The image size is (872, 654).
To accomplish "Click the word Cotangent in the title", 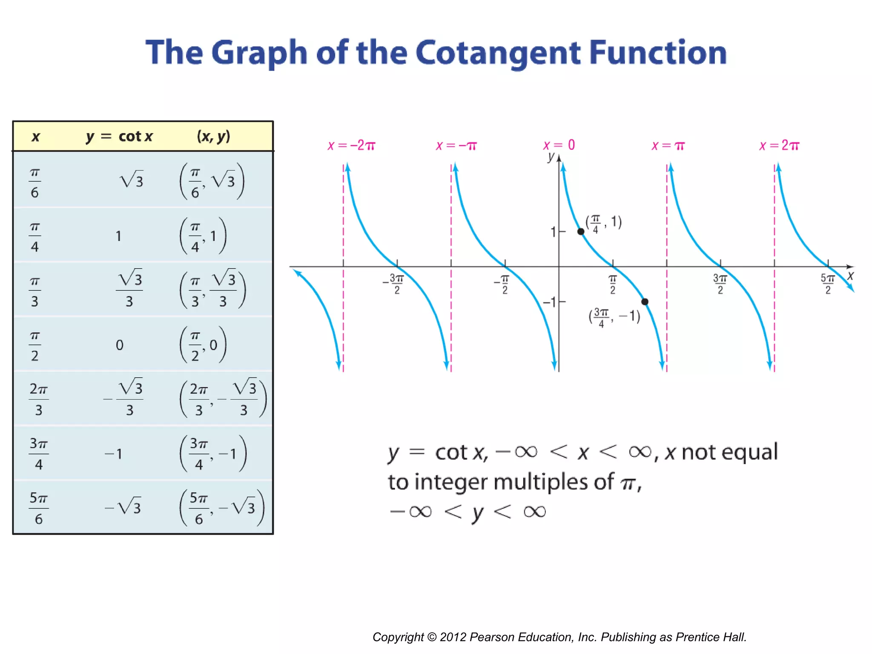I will [x=498, y=53].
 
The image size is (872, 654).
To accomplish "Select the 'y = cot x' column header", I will [x=119, y=136].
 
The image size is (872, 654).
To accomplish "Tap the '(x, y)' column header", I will [x=213, y=136].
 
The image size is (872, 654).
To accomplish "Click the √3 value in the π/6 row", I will [x=132, y=181].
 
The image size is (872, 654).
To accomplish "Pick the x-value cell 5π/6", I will [x=38, y=508].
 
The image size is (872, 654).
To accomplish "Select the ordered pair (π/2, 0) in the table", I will [x=203, y=345].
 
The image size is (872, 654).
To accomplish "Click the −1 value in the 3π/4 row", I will [x=114, y=453].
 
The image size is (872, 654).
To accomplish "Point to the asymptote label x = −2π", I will [x=351, y=146].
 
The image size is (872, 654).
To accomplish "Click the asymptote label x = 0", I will [x=559, y=145].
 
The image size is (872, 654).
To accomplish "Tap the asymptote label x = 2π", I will [x=780, y=146].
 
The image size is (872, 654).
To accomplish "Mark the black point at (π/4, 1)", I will [x=581, y=232].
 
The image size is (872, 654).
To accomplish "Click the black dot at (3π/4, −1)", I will [x=645, y=302].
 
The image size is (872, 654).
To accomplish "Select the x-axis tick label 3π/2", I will [x=720, y=284].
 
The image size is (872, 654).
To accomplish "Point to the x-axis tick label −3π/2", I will [x=394, y=284].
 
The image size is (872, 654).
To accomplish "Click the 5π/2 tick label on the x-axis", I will [x=828, y=284].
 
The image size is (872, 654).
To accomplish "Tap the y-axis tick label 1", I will [x=553, y=232].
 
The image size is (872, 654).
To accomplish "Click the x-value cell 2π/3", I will [x=38, y=399].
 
